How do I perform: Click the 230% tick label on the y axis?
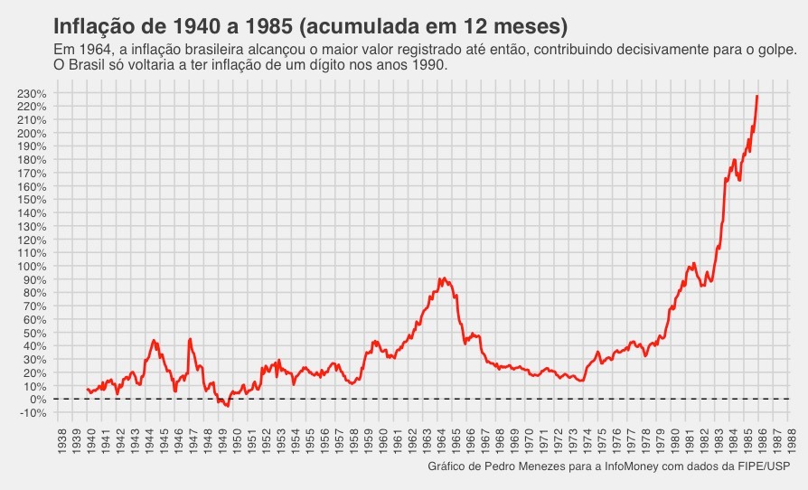pos(32,93)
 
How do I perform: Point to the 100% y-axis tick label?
pos(32,267)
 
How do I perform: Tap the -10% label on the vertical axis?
pos(32,413)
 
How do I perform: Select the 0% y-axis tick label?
pos(37,400)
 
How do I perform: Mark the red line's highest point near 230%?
pos(757,96)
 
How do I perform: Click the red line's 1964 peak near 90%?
pos(443,278)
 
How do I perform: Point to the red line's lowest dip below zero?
pos(228,407)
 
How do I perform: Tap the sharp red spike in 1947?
pos(190,339)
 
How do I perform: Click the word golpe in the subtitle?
pos(775,51)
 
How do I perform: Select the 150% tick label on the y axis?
pos(32,200)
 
